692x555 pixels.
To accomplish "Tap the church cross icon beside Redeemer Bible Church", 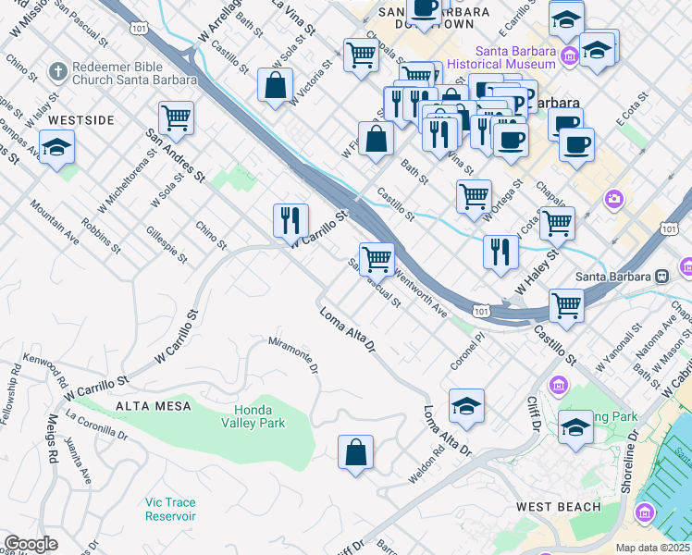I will point(57,71).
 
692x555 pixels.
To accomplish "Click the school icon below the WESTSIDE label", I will point(57,148).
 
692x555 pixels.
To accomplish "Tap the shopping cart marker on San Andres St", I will point(176,118).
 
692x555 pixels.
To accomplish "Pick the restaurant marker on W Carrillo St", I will point(290,220).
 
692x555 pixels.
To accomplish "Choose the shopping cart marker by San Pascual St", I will point(377,259).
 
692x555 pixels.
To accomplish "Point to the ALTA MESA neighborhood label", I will point(154,406).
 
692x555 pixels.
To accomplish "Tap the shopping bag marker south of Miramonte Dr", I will point(355,453).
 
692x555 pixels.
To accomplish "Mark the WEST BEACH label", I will point(558,507).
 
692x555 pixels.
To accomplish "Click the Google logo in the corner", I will point(31,544).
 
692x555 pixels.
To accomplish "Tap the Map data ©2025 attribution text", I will point(651,548).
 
